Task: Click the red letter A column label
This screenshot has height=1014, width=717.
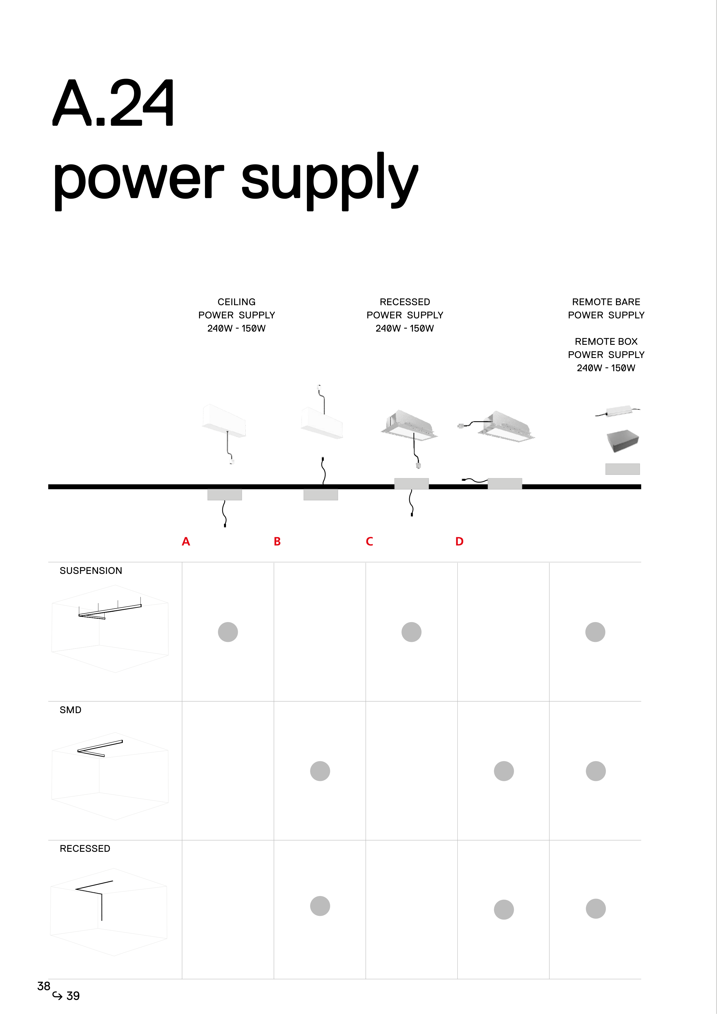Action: (x=186, y=541)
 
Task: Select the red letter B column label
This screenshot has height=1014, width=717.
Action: (x=277, y=541)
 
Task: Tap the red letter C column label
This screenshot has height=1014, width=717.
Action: (x=369, y=541)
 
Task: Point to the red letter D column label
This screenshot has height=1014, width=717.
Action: (x=459, y=541)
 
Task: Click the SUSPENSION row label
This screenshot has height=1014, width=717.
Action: (x=91, y=571)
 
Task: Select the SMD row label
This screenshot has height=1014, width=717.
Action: (x=71, y=710)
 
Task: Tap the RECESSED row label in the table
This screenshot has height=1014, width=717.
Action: (x=85, y=848)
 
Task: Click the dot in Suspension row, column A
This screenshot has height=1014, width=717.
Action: (x=228, y=632)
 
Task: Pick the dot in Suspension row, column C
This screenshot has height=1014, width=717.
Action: (x=411, y=632)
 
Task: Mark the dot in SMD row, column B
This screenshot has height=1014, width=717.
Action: (x=320, y=771)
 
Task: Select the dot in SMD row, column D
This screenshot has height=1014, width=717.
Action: (x=504, y=771)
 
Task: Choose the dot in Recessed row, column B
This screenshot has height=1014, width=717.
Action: (x=320, y=906)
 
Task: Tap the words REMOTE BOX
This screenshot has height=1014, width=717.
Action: (x=606, y=341)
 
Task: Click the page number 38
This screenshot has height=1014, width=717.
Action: (x=44, y=986)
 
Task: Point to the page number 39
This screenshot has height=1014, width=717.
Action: (x=73, y=996)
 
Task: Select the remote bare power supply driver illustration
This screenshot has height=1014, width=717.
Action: (x=618, y=412)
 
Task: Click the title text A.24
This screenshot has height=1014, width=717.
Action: (x=113, y=103)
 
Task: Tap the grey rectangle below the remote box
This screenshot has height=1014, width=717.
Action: (x=623, y=469)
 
